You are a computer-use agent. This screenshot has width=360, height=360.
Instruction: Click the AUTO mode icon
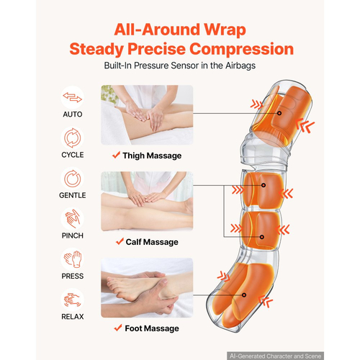[x=72, y=97]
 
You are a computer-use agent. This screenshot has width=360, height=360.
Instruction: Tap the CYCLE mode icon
[x=72, y=138]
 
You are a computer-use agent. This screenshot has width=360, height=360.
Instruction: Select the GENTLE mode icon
[x=72, y=179]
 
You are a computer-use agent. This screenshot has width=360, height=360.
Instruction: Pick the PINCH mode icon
[x=72, y=219]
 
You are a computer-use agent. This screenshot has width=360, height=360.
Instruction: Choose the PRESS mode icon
[x=72, y=259]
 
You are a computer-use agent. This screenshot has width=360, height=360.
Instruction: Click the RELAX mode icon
[x=72, y=300]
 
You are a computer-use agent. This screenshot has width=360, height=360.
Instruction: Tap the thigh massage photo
[x=147, y=115]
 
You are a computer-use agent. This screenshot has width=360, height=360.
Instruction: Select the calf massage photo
[x=147, y=202]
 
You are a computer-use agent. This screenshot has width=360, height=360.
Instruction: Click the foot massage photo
[x=147, y=288]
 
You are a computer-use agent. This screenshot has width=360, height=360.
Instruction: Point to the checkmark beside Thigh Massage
[x=116, y=155]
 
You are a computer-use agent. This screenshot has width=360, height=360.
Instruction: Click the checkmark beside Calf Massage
[x=120, y=241]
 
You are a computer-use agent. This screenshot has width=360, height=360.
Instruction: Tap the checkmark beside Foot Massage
[x=118, y=328]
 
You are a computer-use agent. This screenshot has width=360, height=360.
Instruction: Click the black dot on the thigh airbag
[x=279, y=113]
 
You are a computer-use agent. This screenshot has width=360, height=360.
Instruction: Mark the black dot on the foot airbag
[x=244, y=295]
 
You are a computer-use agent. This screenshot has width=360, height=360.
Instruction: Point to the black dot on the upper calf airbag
[x=264, y=185]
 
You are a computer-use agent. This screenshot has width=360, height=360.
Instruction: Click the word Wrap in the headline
[x=225, y=30]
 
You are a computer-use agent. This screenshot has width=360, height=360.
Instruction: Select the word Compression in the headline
[x=242, y=49]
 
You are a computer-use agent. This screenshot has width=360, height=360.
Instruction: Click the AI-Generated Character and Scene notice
[x=275, y=356]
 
